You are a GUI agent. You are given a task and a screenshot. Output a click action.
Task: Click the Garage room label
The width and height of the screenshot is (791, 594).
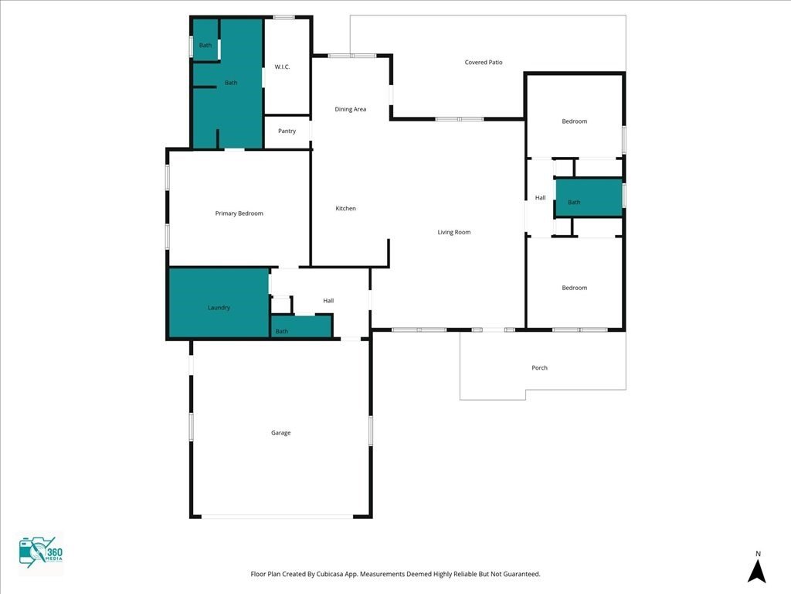[x=280, y=432]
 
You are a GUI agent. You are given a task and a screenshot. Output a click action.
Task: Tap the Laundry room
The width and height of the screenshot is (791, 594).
[x=219, y=302]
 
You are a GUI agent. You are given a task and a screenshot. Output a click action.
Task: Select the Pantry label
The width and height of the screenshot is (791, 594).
[x=287, y=131]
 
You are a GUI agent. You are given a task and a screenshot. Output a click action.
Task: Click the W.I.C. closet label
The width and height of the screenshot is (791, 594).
[x=282, y=67]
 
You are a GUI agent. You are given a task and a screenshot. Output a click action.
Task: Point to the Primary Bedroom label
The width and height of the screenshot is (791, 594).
[x=239, y=213]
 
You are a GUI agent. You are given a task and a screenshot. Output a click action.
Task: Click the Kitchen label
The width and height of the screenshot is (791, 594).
[x=345, y=208]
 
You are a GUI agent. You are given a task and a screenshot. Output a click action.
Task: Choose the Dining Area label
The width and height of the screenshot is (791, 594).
[x=350, y=109]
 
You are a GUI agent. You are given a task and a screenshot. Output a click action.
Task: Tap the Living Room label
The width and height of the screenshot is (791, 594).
[x=454, y=232]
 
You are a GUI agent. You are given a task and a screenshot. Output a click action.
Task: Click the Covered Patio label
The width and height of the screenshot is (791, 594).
[x=484, y=62]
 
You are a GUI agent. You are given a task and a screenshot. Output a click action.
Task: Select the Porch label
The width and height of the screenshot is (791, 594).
[x=539, y=367]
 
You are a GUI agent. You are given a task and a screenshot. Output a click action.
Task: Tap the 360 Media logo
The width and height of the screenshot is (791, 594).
[x=40, y=552]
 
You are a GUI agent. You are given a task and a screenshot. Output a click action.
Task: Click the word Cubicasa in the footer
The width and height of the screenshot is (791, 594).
[x=330, y=574]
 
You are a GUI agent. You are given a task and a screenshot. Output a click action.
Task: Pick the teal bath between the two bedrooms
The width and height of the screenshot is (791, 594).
[x=589, y=197]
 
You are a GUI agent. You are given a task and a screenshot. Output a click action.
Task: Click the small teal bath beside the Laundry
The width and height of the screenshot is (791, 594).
[x=301, y=326]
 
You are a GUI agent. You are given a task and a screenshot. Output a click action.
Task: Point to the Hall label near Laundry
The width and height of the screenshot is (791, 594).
[x=328, y=301]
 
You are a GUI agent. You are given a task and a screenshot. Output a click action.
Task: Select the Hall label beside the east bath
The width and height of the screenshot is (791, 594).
[x=540, y=197]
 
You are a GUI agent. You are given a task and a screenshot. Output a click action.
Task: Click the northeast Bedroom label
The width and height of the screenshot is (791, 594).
[x=575, y=121]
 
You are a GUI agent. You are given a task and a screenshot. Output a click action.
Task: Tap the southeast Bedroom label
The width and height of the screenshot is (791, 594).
[x=575, y=288]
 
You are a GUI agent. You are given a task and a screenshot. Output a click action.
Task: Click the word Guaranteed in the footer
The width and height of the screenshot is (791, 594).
[x=521, y=574]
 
